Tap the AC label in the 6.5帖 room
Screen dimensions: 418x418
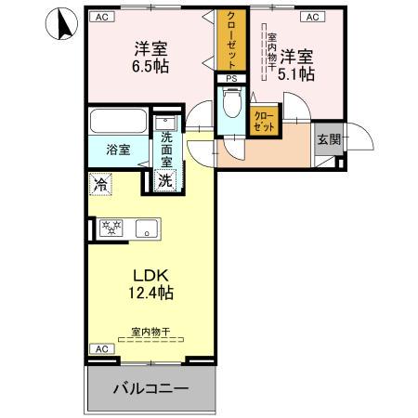(x=99, y=17)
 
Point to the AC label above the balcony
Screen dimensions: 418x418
(x=99, y=349)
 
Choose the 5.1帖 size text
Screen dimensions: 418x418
(x=296, y=72)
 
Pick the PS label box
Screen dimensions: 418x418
(x=231, y=80)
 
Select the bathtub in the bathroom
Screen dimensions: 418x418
(x=117, y=122)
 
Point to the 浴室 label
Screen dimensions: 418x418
(x=117, y=149)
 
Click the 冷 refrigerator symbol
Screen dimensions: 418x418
(x=100, y=184)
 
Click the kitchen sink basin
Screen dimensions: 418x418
(x=146, y=227)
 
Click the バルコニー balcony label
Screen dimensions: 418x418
(x=151, y=388)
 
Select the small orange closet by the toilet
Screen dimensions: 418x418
(x=263, y=120)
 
